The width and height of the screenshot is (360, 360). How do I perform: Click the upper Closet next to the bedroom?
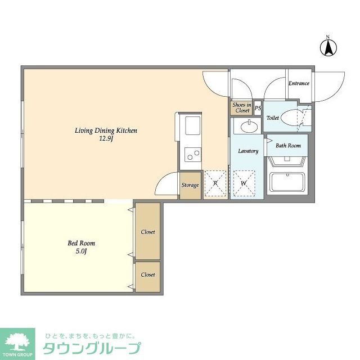(148, 231)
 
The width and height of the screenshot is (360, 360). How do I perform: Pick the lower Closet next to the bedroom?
(148, 274)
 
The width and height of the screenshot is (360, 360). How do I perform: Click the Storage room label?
(190, 184)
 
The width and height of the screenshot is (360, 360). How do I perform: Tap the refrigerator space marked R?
(215, 183)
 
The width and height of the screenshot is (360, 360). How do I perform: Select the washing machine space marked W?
(244, 183)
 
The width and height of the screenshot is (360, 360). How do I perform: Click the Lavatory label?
(247, 151)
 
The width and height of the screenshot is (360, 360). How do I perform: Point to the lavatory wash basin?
(247, 127)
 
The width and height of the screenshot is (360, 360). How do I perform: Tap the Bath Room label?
(287, 145)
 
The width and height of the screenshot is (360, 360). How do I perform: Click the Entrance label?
(299, 83)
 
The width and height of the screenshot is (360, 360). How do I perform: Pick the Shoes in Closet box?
(241, 108)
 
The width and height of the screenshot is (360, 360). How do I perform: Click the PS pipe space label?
(258, 108)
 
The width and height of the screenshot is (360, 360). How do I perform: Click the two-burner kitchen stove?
(191, 153)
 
